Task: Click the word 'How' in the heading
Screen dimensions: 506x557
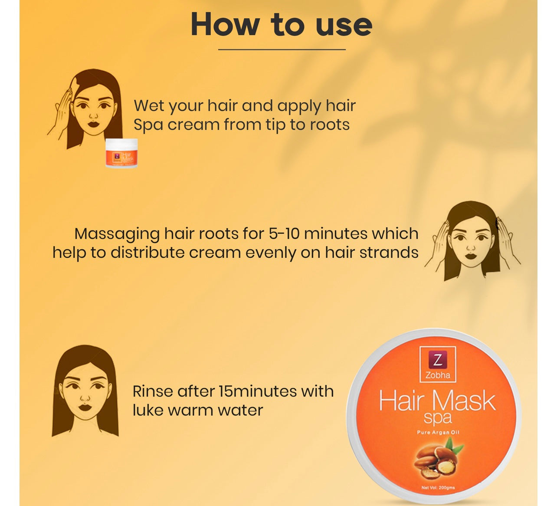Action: click(224, 25)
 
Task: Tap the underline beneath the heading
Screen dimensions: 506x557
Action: click(282, 49)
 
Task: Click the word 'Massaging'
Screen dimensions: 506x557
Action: click(117, 234)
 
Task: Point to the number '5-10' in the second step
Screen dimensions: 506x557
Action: click(284, 233)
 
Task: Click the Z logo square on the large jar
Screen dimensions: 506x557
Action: click(438, 360)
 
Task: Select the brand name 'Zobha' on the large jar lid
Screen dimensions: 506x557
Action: click(438, 375)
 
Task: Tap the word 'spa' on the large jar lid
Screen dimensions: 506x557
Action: click(438, 418)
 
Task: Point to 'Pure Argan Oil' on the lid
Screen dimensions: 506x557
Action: click(438, 432)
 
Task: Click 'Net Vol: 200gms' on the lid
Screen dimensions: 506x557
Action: click(438, 488)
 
